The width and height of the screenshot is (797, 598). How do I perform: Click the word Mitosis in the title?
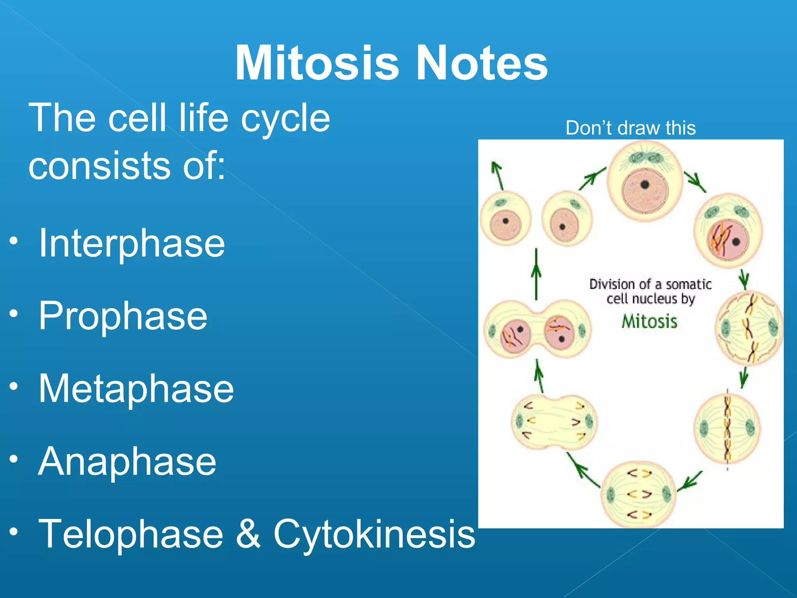(x=317, y=63)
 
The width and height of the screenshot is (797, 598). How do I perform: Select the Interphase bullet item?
(x=132, y=243)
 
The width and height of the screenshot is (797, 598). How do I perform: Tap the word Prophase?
(x=123, y=316)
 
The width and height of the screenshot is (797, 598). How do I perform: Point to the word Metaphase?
(x=136, y=389)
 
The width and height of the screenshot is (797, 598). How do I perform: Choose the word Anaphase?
(x=127, y=461)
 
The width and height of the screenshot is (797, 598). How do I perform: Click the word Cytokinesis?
(x=374, y=534)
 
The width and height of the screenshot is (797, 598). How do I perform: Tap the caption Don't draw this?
(x=630, y=128)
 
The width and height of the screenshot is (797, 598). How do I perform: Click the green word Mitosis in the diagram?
(x=649, y=322)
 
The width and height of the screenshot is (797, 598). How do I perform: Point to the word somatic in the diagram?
(x=688, y=285)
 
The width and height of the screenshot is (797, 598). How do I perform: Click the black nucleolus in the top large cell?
(x=645, y=185)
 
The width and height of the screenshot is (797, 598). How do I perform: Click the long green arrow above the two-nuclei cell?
(x=536, y=274)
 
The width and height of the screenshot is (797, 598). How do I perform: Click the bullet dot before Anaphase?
(x=14, y=459)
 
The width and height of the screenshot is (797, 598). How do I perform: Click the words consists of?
(x=127, y=165)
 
